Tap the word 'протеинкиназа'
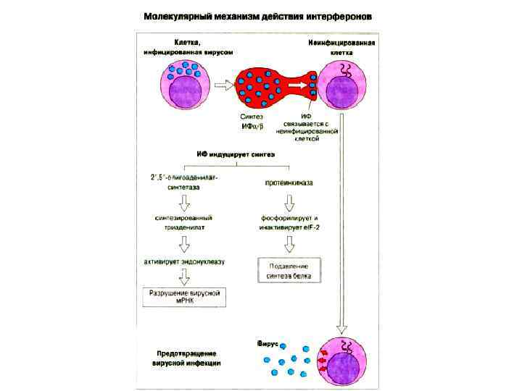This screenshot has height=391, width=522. coord(289,184)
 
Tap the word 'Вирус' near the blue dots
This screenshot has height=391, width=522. coord(267,342)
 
